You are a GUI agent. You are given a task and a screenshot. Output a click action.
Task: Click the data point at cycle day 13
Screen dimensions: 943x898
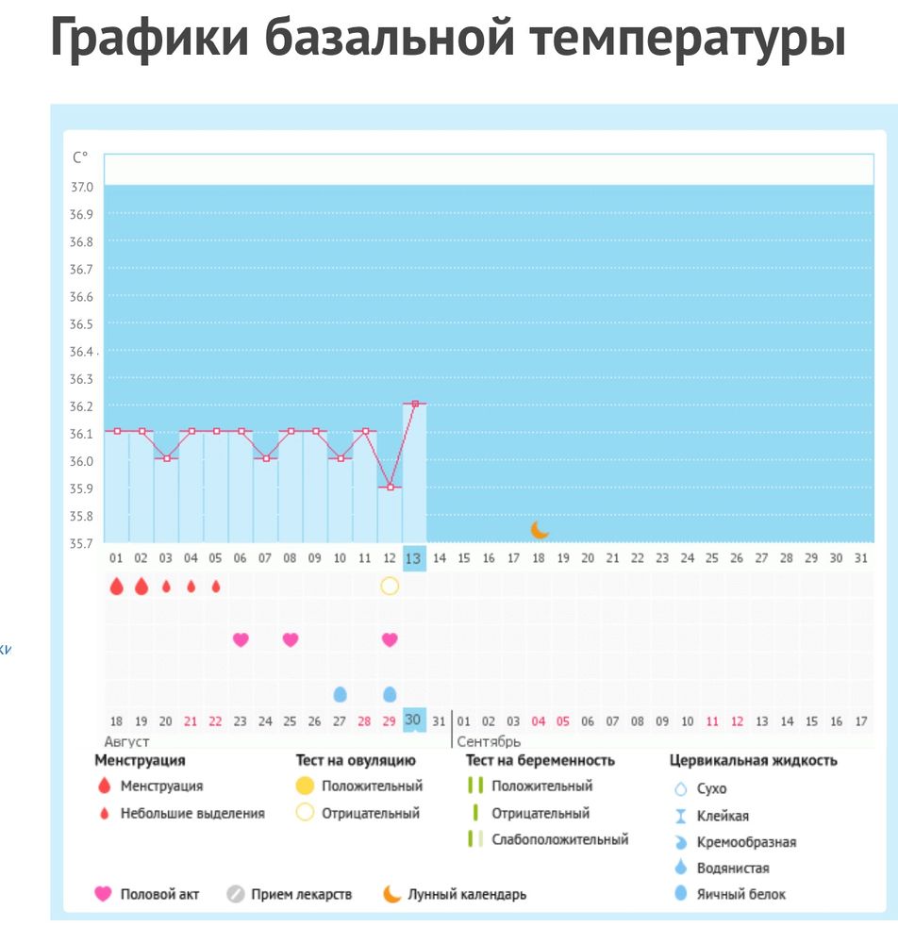[414, 404]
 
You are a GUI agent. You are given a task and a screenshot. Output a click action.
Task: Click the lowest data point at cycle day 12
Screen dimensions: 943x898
[390, 487]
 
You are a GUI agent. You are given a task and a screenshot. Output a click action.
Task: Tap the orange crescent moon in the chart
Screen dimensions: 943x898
[540, 530]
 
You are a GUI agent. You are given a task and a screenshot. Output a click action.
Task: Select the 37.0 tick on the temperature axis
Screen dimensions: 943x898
[81, 187]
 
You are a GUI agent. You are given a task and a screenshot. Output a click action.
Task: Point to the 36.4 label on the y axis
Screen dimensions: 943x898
[81, 352]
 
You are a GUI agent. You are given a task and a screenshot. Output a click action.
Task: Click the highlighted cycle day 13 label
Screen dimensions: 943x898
[414, 558]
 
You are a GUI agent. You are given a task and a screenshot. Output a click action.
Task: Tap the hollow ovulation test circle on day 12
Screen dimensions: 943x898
[390, 586]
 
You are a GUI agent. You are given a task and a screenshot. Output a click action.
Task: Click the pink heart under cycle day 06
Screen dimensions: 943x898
[241, 639]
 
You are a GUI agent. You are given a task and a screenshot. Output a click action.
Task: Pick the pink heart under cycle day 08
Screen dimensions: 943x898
[291, 639]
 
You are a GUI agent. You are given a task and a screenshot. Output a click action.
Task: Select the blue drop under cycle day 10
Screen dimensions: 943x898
[340, 694]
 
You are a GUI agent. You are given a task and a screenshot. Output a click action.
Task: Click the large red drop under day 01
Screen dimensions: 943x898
[116, 587]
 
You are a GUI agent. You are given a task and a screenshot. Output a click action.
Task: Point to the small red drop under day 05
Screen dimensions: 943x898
[216, 586]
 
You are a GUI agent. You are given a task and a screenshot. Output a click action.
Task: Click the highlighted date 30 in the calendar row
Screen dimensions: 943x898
[413, 720]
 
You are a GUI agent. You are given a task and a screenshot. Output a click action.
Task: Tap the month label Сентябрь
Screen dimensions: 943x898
[489, 742]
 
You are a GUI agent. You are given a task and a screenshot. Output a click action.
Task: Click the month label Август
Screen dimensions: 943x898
[126, 742]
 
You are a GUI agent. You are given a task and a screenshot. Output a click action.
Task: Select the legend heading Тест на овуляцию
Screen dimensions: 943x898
[356, 760]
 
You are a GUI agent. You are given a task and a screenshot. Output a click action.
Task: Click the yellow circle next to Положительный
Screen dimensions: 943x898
[305, 786]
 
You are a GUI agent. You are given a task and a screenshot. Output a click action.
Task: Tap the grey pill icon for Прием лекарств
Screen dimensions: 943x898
[236, 894]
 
